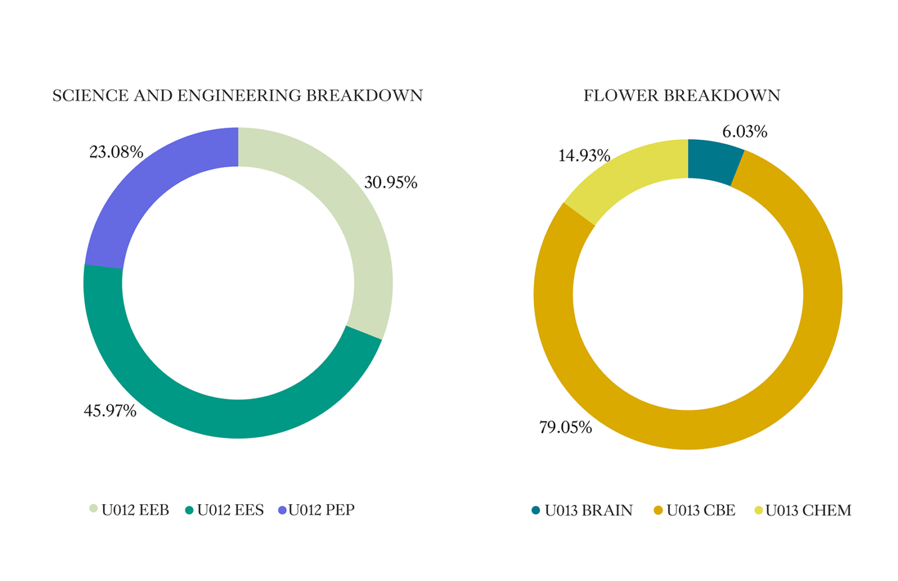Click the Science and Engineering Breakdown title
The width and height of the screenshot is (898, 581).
(x=237, y=95)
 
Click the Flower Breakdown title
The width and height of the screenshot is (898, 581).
(x=681, y=95)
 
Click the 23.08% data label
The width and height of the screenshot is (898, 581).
(x=116, y=152)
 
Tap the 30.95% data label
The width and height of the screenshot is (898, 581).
(x=391, y=182)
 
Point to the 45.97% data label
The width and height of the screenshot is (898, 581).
(x=110, y=411)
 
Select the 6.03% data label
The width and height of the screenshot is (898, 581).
(x=744, y=132)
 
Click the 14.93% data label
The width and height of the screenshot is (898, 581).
(x=584, y=155)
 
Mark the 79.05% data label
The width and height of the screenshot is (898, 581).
(x=565, y=428)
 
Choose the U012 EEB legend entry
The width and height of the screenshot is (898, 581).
(x=130, y=510)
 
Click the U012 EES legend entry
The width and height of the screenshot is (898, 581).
(x=224, y=510)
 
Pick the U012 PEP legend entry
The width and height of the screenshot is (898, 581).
(x=317, y=510)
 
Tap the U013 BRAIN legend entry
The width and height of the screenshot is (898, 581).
(x=582, y=510)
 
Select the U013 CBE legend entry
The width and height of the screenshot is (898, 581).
(x=695, y=510)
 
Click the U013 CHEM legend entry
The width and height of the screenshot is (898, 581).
(x=803, y=510)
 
